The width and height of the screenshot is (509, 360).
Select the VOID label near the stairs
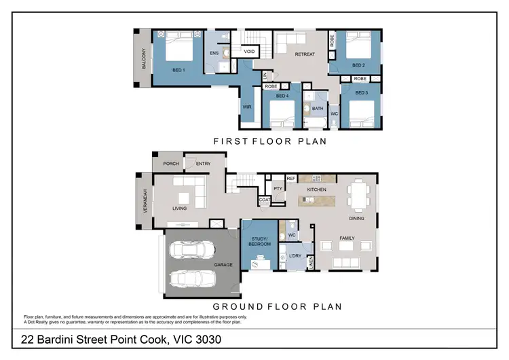coord(249,52)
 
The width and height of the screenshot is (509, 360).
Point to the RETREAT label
coord(305,56)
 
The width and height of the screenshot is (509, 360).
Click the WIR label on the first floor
coord(248,107)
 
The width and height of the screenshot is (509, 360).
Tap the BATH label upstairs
coord(318,108)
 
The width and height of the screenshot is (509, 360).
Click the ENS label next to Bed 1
coord(213,52)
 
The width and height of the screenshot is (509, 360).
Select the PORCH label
coord(170,164)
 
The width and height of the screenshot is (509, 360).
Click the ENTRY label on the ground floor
coord(203,164)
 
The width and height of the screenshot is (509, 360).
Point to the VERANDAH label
coord(144,202)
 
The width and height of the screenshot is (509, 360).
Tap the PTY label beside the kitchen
coord(278,189)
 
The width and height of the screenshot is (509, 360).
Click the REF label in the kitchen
coord(291,179)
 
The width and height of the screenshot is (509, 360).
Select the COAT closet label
coord(265,200)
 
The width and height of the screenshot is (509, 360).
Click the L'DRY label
coord(295,255)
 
